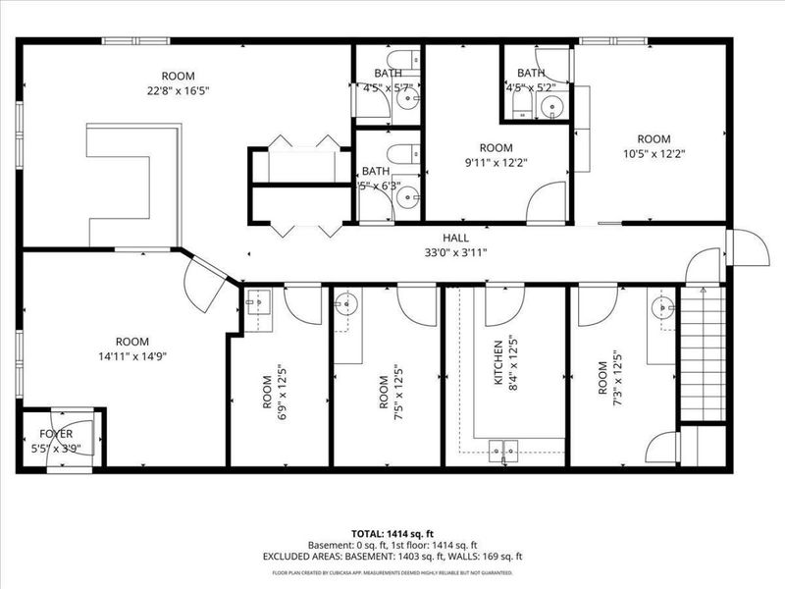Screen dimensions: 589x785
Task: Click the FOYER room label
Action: point(55,433)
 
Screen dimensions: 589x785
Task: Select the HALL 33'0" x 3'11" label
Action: point(454,238)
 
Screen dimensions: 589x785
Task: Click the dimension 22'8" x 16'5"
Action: point(178,89)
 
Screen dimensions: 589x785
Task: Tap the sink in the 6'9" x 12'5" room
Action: point(257,303)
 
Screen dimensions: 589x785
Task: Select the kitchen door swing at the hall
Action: point(504,304)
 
